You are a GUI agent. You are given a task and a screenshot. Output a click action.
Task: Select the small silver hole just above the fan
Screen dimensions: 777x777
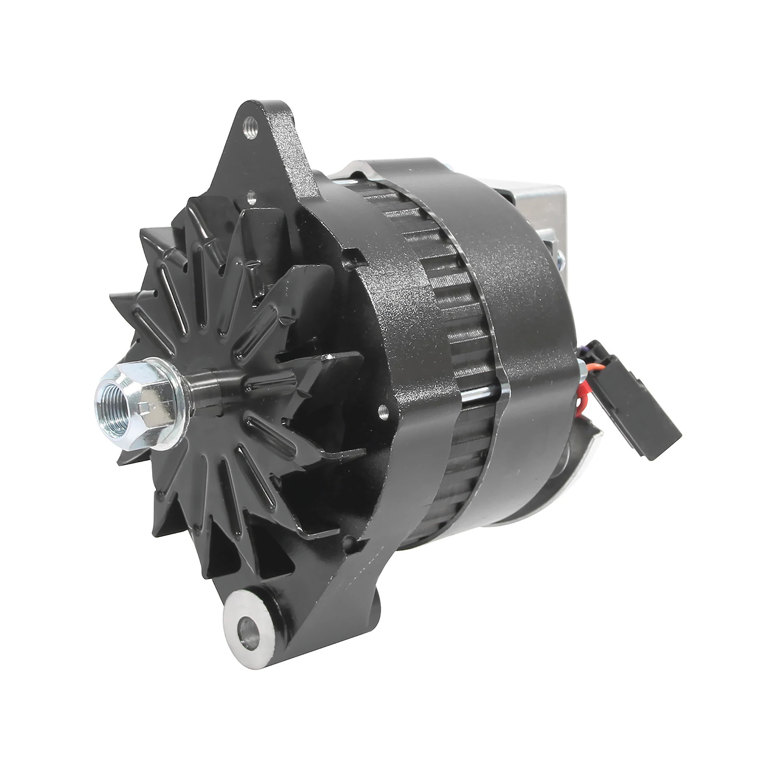(x=252, y=197)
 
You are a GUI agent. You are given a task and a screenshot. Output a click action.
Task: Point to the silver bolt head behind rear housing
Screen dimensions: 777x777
(x=560, y=258)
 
